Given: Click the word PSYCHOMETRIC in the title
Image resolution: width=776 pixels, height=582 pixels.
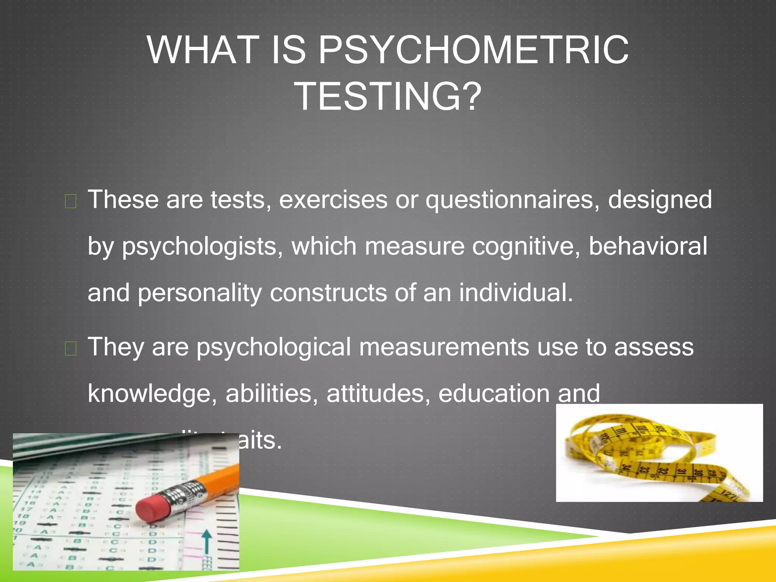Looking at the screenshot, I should [x=473, y=50].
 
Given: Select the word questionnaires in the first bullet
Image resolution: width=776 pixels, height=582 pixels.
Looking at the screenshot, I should [x=512, y=200].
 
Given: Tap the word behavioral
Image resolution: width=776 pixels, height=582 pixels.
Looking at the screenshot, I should [x=648, y=246].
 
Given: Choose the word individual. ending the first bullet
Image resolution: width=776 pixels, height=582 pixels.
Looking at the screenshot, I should [x=516, y=293].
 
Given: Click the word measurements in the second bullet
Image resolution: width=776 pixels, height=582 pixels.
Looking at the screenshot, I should [x=444, y=347].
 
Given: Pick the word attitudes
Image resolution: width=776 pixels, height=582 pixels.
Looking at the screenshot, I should [x=378, y=393].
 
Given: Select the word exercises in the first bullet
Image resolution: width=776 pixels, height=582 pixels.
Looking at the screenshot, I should [x=333, y=200].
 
